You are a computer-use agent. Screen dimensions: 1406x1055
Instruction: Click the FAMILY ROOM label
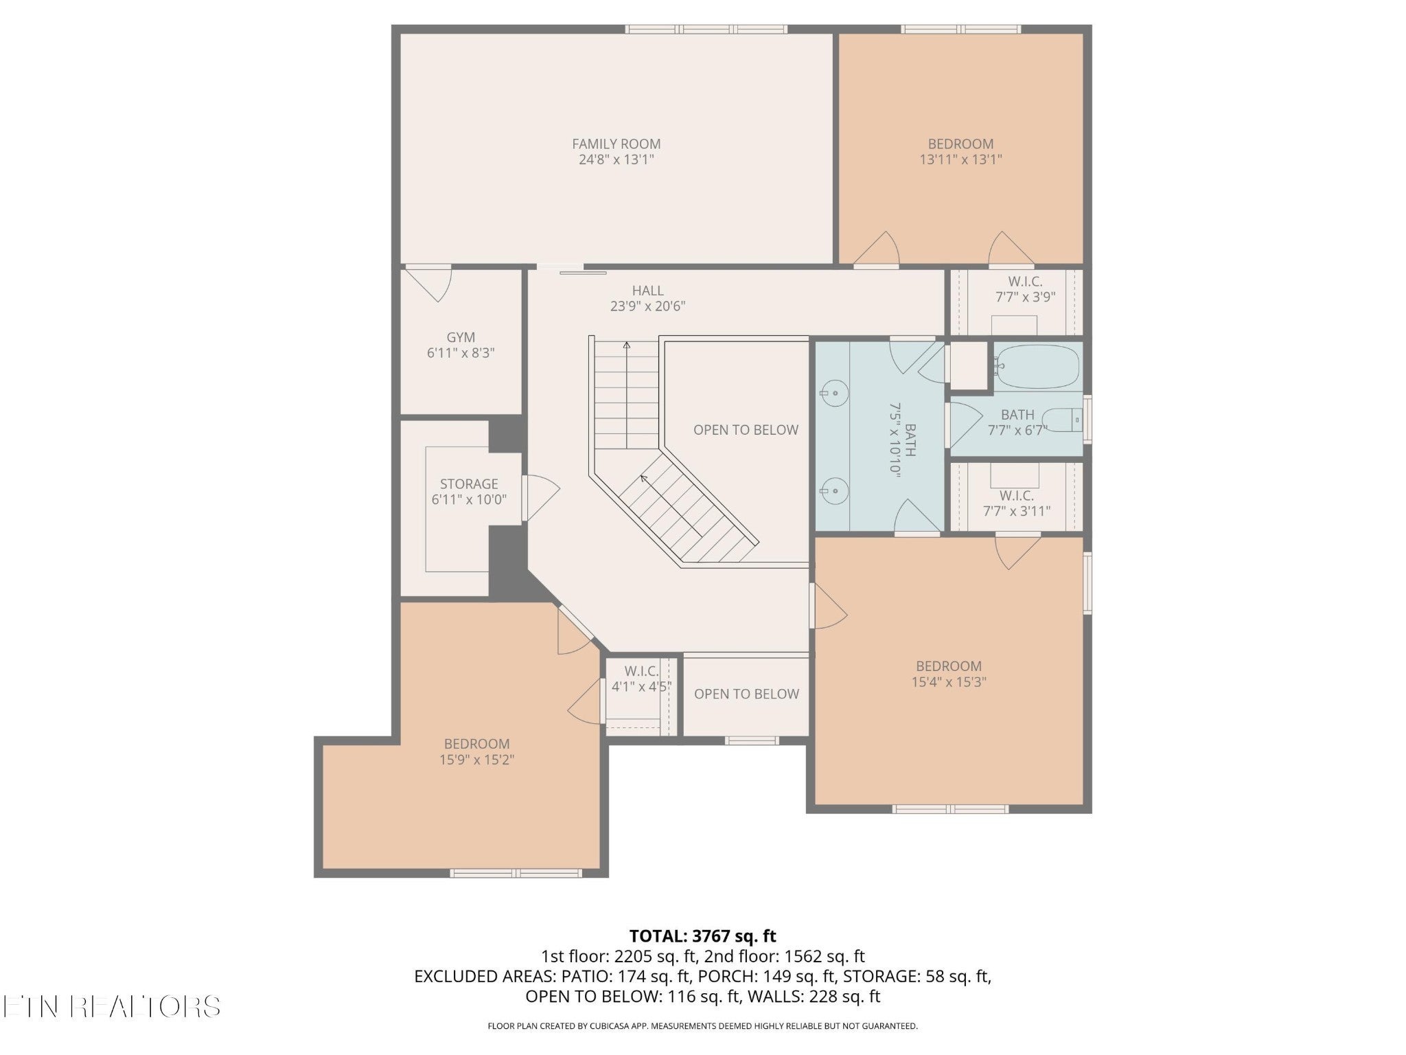(x=616, y=144)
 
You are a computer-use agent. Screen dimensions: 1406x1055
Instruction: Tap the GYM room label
(x=461, y=337)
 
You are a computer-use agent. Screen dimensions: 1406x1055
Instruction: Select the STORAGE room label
(x=469, y=484)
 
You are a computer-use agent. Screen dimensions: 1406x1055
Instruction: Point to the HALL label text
(x=647, y=291)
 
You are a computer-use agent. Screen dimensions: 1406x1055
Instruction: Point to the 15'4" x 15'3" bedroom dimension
(x=949, y=682)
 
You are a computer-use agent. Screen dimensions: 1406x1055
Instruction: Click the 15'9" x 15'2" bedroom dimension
(x=476, y=760)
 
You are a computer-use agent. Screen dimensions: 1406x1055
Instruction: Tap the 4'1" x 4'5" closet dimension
(x=641, y=686)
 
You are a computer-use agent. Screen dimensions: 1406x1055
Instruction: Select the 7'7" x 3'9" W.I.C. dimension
(x=1025, y=297)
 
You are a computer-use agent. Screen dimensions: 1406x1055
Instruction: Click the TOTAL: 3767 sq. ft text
(x=702, y=936)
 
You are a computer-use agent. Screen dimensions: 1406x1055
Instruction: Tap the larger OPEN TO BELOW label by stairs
(x=746, y=430)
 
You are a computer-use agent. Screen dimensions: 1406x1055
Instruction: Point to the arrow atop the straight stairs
(x=626, y=345)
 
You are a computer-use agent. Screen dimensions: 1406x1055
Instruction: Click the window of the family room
(x=706, y=30)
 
